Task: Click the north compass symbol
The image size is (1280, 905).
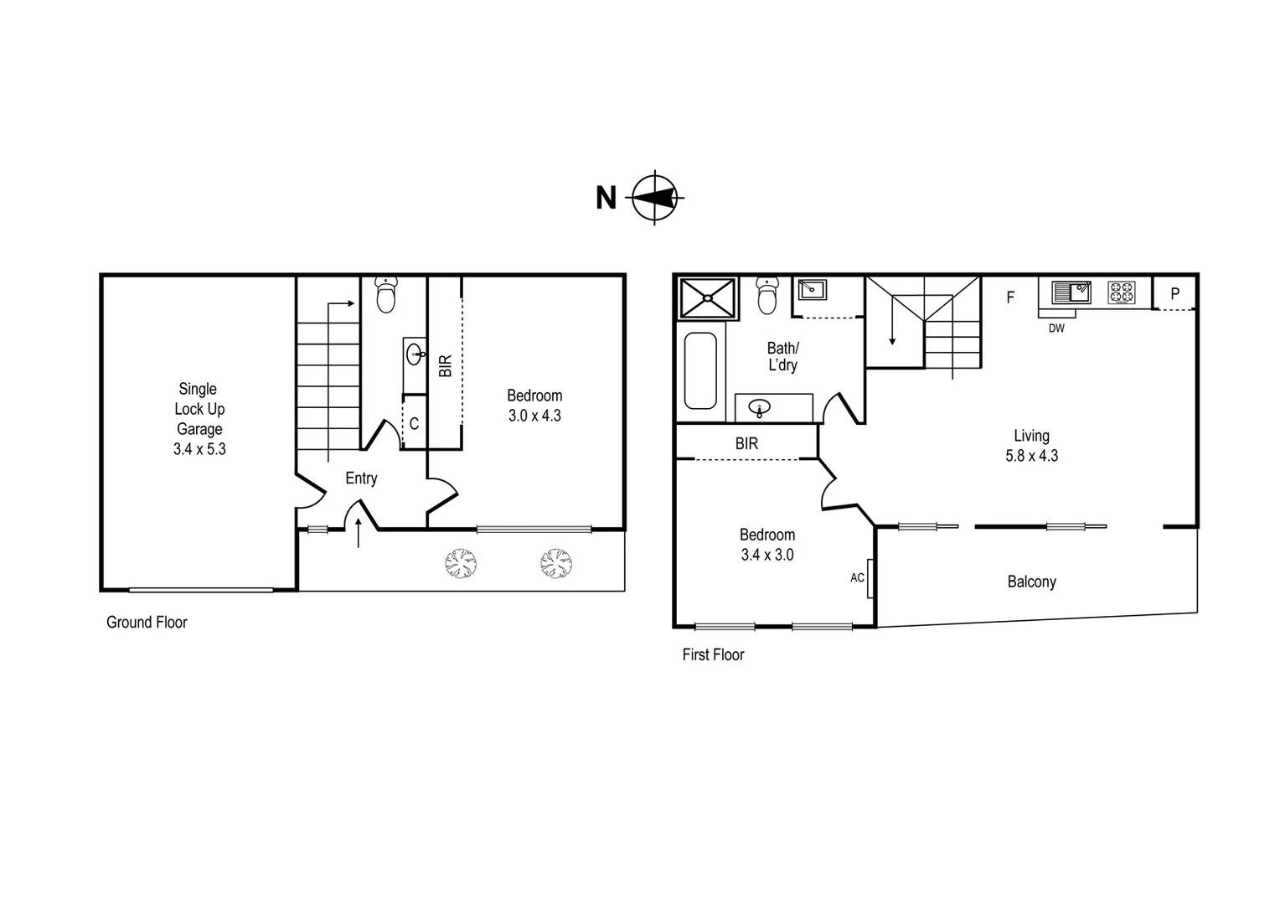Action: [655, 198]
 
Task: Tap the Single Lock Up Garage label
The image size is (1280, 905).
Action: [199, 418]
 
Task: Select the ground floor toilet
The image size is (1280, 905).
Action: [385, 295]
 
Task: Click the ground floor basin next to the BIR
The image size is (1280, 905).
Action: [415, 354]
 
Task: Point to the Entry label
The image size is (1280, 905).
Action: [361, 478]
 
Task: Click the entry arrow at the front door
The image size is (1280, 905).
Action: [359, 533]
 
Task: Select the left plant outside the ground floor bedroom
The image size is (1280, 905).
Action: [460, 563]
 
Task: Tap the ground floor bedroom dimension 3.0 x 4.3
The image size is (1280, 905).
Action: [534, 416]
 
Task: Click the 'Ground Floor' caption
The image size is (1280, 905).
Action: [147, 623]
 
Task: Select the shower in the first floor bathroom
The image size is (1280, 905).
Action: [707, 298]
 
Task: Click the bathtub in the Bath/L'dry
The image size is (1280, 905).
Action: [700, 370]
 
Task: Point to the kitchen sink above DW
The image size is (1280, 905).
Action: [1071, 292]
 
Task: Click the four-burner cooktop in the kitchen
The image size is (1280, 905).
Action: [1122, 292]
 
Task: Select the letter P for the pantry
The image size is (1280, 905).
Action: [1174, 294]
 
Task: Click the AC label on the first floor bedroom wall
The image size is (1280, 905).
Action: [857, 578]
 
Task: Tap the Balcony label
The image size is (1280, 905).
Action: [1031, 582]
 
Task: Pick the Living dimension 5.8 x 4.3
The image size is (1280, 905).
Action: [1031, 457]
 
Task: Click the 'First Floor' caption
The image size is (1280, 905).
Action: [713, 655]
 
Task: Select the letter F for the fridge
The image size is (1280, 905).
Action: [1010, 297]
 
